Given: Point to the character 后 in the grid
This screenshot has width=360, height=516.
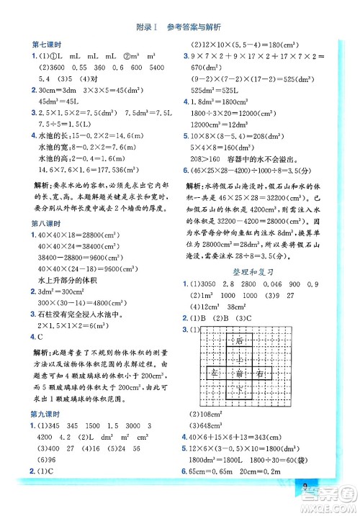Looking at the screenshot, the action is click(x=238, y=319).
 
